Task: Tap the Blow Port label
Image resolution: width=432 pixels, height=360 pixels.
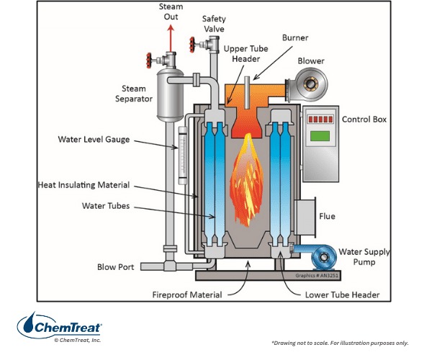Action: (x=116, y=267)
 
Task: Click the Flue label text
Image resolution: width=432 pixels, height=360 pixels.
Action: (x=327, y=215)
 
